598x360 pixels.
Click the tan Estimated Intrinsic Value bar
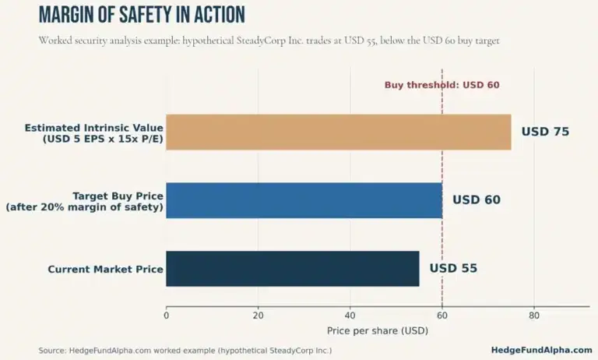[x=339, y=132]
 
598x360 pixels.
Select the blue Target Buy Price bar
[x=304, y=200]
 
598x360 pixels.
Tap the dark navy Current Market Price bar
[x=293, y=269]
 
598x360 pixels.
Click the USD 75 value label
[x=545, y=132]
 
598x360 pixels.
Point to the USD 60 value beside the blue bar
[x=477, y=199]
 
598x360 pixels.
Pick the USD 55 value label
[x=453, y=268]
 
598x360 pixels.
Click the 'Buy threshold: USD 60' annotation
[x=441, y=85]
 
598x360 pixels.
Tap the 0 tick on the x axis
[x=167, y=316]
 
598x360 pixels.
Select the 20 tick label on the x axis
[x=259, y=316]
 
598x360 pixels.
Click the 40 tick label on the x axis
[x=350, y=316]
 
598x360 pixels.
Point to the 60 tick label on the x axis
[x=442, y=316]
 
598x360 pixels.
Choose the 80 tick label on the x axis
[x=534, y=316]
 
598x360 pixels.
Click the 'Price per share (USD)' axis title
[x=378, y=330]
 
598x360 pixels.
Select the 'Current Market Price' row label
[x=105, y=269]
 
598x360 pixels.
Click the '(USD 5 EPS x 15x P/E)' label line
[x=103, y=139]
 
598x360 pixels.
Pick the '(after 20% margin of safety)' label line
[x=84, y=207]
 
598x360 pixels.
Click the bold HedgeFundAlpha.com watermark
[x=542, y=350]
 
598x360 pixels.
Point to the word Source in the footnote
[x=52, y=351]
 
